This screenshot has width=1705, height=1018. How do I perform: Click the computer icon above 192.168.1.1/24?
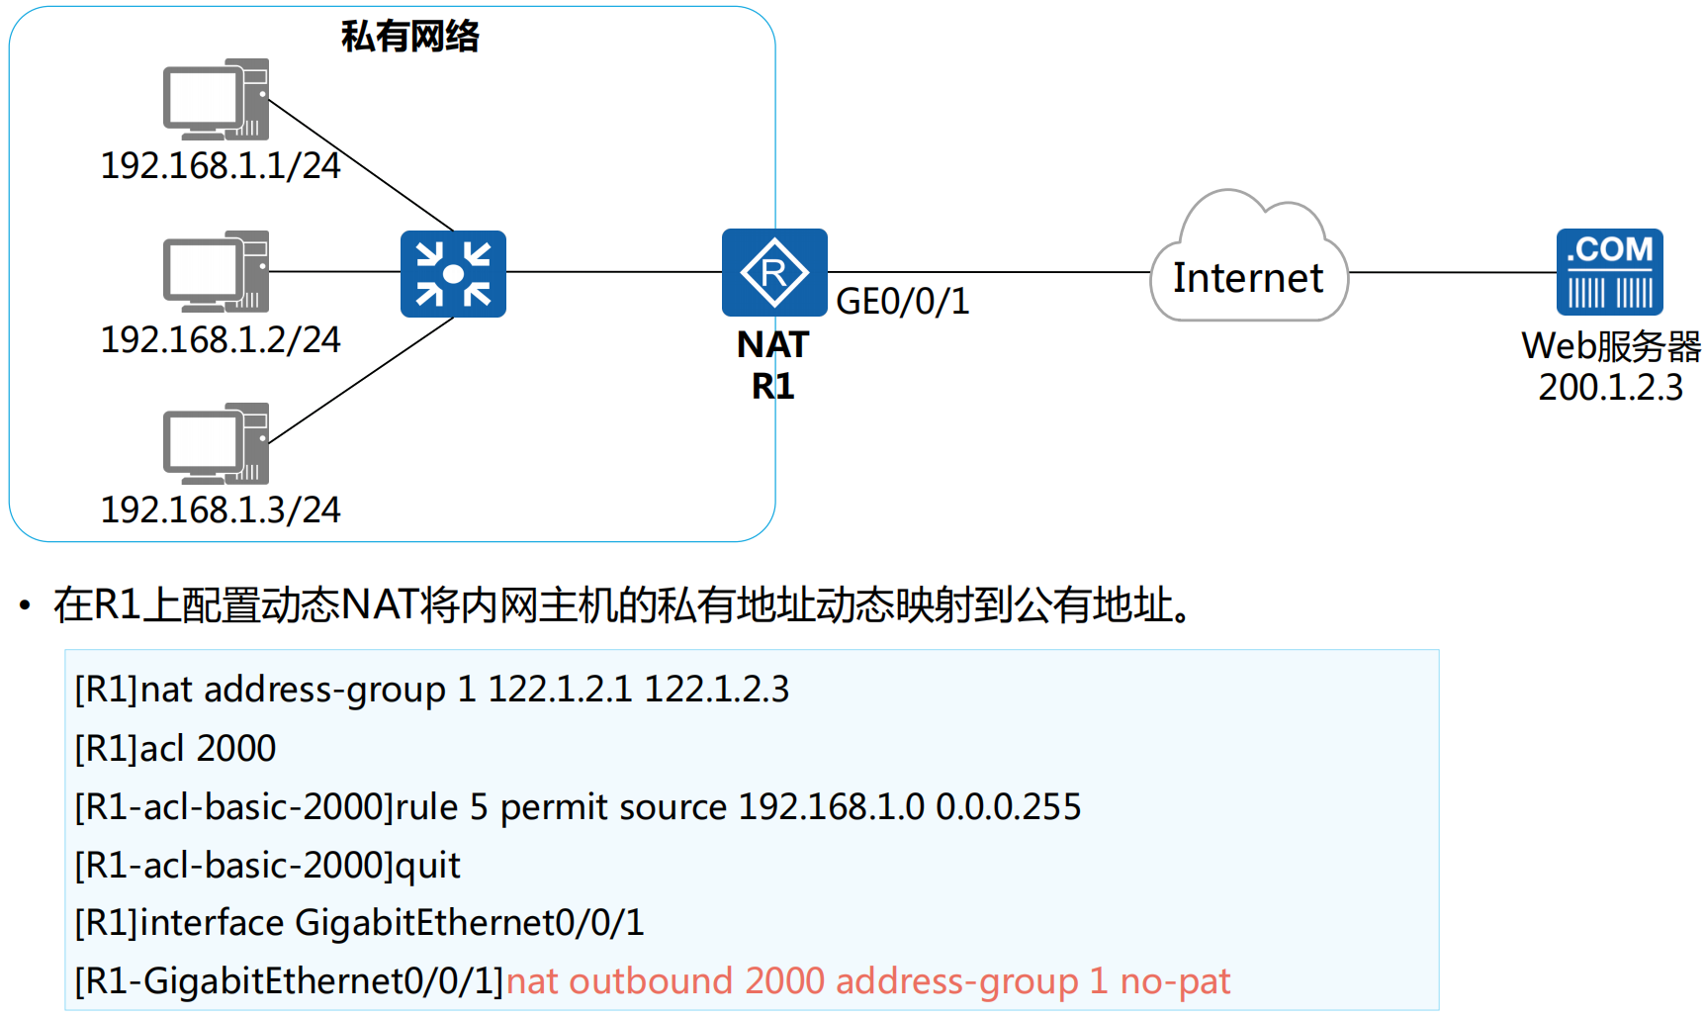click(x=216, y=99)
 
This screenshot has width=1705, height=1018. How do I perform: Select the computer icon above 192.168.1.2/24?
click(x=216, y=271)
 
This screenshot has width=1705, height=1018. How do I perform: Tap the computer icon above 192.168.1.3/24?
click(x=216, y=443)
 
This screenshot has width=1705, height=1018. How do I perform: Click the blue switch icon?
click(x=453, y=274)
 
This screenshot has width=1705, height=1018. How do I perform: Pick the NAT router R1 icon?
click(x=774, y=272)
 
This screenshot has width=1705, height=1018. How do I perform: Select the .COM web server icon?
click(x=1609, y=272)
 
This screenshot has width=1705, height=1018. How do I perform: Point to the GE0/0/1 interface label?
click(x=902, y=302)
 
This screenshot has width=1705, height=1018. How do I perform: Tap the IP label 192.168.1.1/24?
click(x=220, y=166)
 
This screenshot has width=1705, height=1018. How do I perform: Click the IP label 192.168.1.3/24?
click(x=220, y=510)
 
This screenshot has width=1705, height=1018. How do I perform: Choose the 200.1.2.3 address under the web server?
click(x=1610, y=388)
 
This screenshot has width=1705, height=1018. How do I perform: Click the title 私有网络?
click(x=409, y=37)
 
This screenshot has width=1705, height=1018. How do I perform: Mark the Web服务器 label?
click(x=1610, y=346)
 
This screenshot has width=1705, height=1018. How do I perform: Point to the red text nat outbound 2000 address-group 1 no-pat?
click(x=867, y=981)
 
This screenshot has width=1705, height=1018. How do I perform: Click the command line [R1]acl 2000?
click(x=175, y=749)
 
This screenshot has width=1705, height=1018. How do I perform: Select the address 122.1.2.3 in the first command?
click(x=716, y=690)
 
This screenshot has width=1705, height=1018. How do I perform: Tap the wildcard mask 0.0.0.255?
click(x=1008, y=807)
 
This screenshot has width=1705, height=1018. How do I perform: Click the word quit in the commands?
click(x=427, y=866)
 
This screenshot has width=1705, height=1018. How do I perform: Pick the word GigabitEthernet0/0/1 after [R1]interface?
click(x=469, y=923)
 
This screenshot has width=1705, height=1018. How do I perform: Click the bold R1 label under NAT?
click(x=772, y=386)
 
